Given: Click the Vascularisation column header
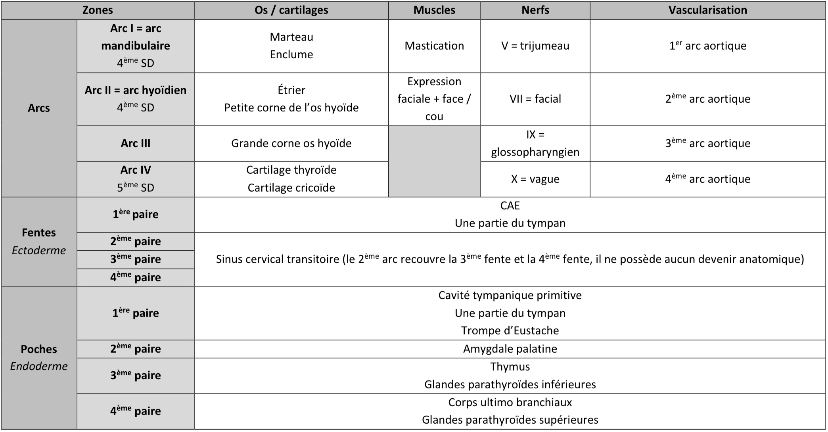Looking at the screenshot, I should point(707,10).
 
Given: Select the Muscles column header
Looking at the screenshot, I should point(434,10).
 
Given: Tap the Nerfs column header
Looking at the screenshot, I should point(535,10).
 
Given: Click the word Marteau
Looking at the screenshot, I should point(291,37).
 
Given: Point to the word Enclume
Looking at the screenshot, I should point(291,54).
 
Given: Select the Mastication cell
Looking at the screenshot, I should point(434,46).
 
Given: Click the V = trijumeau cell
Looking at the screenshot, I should point(535,46).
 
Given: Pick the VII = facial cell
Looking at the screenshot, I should point(535,99).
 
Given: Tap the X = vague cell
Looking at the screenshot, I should point(535,179).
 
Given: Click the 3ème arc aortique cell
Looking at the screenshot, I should point(707,143).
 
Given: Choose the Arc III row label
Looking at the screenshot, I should point(136,143).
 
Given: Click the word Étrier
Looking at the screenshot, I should point(291,90).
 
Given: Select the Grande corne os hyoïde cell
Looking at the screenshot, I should point(291,143).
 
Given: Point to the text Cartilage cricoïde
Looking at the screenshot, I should point(291,188).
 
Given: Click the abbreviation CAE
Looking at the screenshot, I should point(510,205).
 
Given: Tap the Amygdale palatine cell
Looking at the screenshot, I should point(510,349).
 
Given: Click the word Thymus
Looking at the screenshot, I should point(510,367).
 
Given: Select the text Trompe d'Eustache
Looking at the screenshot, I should point(510,330).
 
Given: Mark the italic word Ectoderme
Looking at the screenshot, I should point(39,250).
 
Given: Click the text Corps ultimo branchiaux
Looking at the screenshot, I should point(510,402).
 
